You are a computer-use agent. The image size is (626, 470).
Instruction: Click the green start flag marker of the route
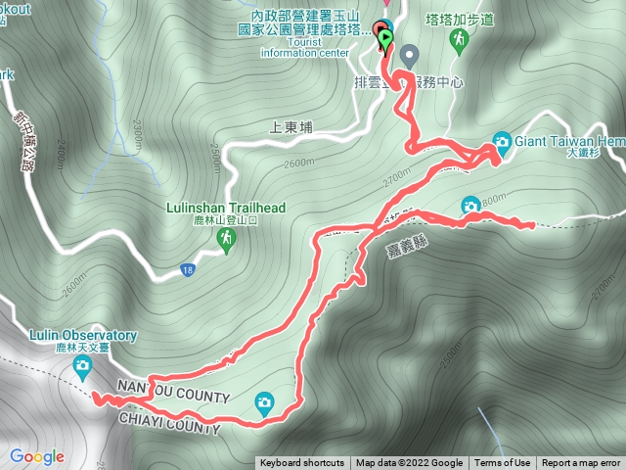(386, 39)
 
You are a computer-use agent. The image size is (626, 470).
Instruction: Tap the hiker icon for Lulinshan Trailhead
(227, 238)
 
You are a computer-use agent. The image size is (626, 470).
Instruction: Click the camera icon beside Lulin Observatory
(82, 367)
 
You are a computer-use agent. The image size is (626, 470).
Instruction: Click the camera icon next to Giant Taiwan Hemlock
(502, 141)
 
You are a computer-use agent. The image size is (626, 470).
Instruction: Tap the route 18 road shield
(186, 268)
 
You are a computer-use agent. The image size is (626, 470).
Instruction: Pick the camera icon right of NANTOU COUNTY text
(264, 400)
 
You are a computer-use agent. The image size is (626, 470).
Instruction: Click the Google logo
(37, 456)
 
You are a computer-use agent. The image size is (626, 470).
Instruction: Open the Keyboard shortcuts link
(301, 463)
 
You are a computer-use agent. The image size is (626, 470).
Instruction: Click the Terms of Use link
(503, 463)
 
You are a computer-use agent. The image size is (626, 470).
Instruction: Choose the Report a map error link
(581, 463)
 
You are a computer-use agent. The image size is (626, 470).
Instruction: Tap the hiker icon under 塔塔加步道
(459, 39)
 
